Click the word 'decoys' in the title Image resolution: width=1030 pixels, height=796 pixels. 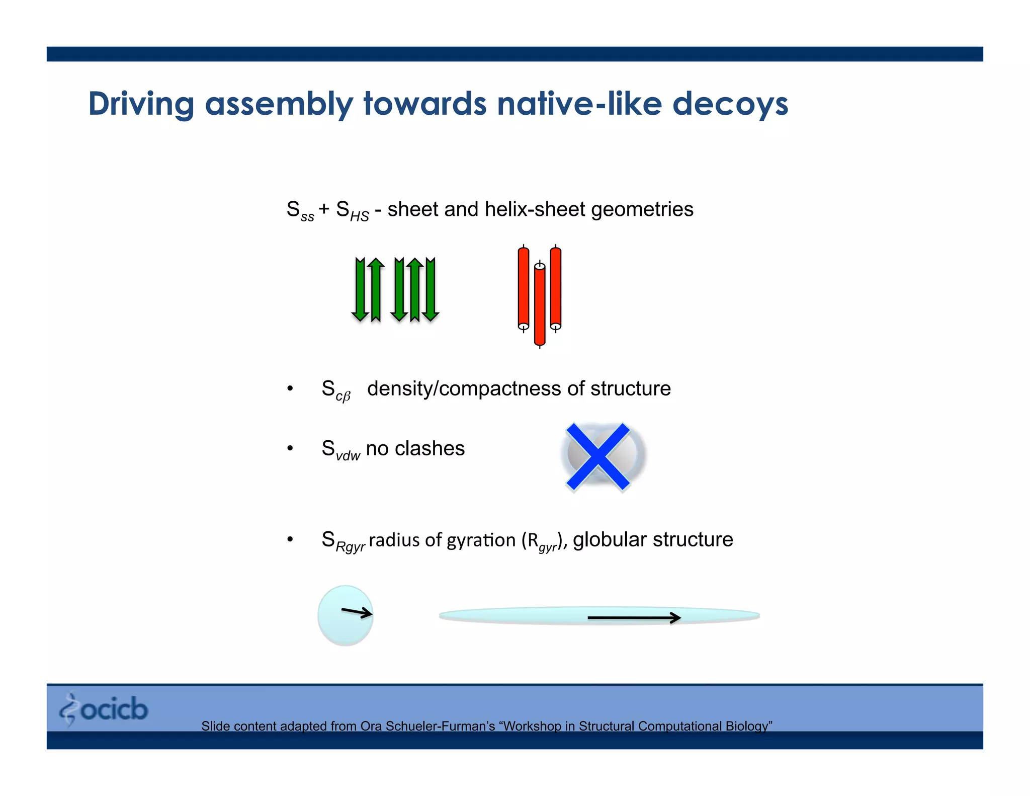(730, 104)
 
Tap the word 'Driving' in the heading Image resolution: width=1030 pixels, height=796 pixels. (141, 104)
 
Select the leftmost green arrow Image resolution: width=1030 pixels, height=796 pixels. (360, 289)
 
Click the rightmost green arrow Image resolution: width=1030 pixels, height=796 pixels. (431, 289)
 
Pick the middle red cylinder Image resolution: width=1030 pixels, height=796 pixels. (540, 305)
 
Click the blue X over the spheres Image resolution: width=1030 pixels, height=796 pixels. (598, 456)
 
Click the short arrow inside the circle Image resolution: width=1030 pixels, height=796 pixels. (357, 612)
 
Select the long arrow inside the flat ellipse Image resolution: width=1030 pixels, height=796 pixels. (634, 617)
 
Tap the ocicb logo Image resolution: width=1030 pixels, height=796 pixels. (104, 709)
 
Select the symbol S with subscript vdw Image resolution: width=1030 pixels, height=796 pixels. (340, 449)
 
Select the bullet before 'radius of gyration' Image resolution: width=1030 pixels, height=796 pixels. (290, 540)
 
